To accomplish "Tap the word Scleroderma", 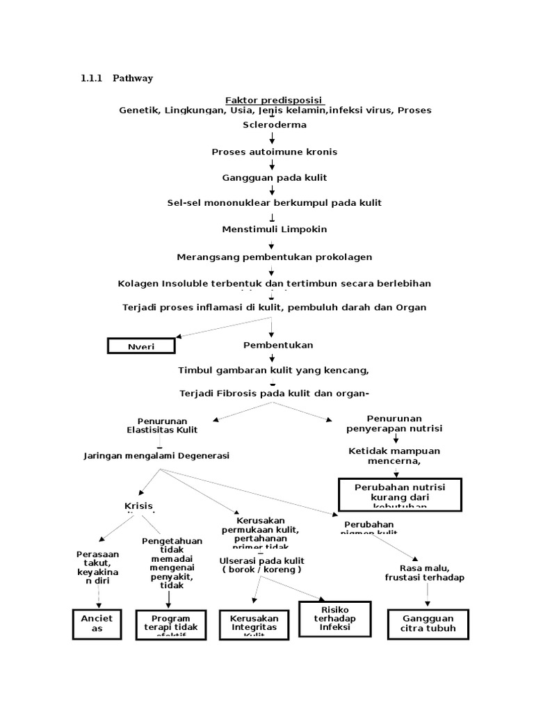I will pos(273,125).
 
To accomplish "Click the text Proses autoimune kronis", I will pos(274,152).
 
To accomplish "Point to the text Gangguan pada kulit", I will pos(274,178).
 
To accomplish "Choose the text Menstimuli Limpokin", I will pos(274,229).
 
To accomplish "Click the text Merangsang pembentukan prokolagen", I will pos(274,257).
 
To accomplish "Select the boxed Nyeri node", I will pos(140,346).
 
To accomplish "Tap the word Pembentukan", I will pos(277,345).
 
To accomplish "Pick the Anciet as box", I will pos(97,623).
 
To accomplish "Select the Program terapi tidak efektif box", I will pos(170,624).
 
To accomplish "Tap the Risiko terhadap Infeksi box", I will pos(334,618).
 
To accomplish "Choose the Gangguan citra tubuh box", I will pos(427,623).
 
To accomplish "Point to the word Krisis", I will pos(138,505).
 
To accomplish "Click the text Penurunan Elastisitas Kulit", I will pos(162,425).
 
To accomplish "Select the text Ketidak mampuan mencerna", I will pos(394,455).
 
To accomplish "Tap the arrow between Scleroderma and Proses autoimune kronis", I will pos(273,138).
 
